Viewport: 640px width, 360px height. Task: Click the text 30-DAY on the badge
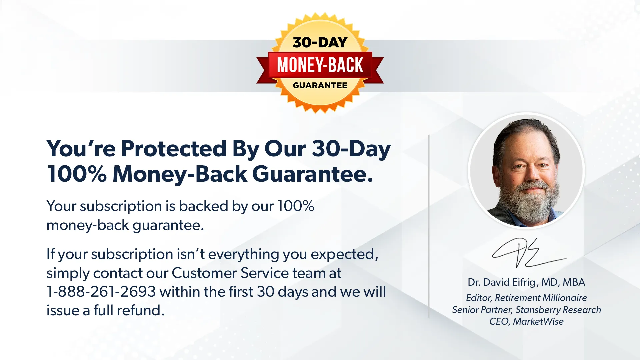coord(320,42)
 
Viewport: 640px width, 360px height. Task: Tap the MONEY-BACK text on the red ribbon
coord(320,65)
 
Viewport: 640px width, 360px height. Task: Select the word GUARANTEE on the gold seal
coord(320,85)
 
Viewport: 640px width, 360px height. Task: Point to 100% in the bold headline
coord(77,174)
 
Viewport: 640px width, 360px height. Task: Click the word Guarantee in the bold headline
coord(312,174)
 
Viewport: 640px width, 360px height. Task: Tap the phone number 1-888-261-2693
coord(101,292)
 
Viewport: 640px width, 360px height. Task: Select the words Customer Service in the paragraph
coord(230,273)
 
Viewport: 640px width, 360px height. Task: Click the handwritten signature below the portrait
coord(529,253)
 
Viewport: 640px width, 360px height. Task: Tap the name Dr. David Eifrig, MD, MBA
coord(526,282)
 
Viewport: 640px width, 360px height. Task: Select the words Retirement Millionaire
coord(541,298)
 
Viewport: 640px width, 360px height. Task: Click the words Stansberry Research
coord(558,310)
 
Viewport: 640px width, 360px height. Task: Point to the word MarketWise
coord(538,322)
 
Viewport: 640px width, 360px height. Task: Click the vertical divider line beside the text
coord(429,226)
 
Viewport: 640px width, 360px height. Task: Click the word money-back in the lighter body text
coord(88,225)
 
